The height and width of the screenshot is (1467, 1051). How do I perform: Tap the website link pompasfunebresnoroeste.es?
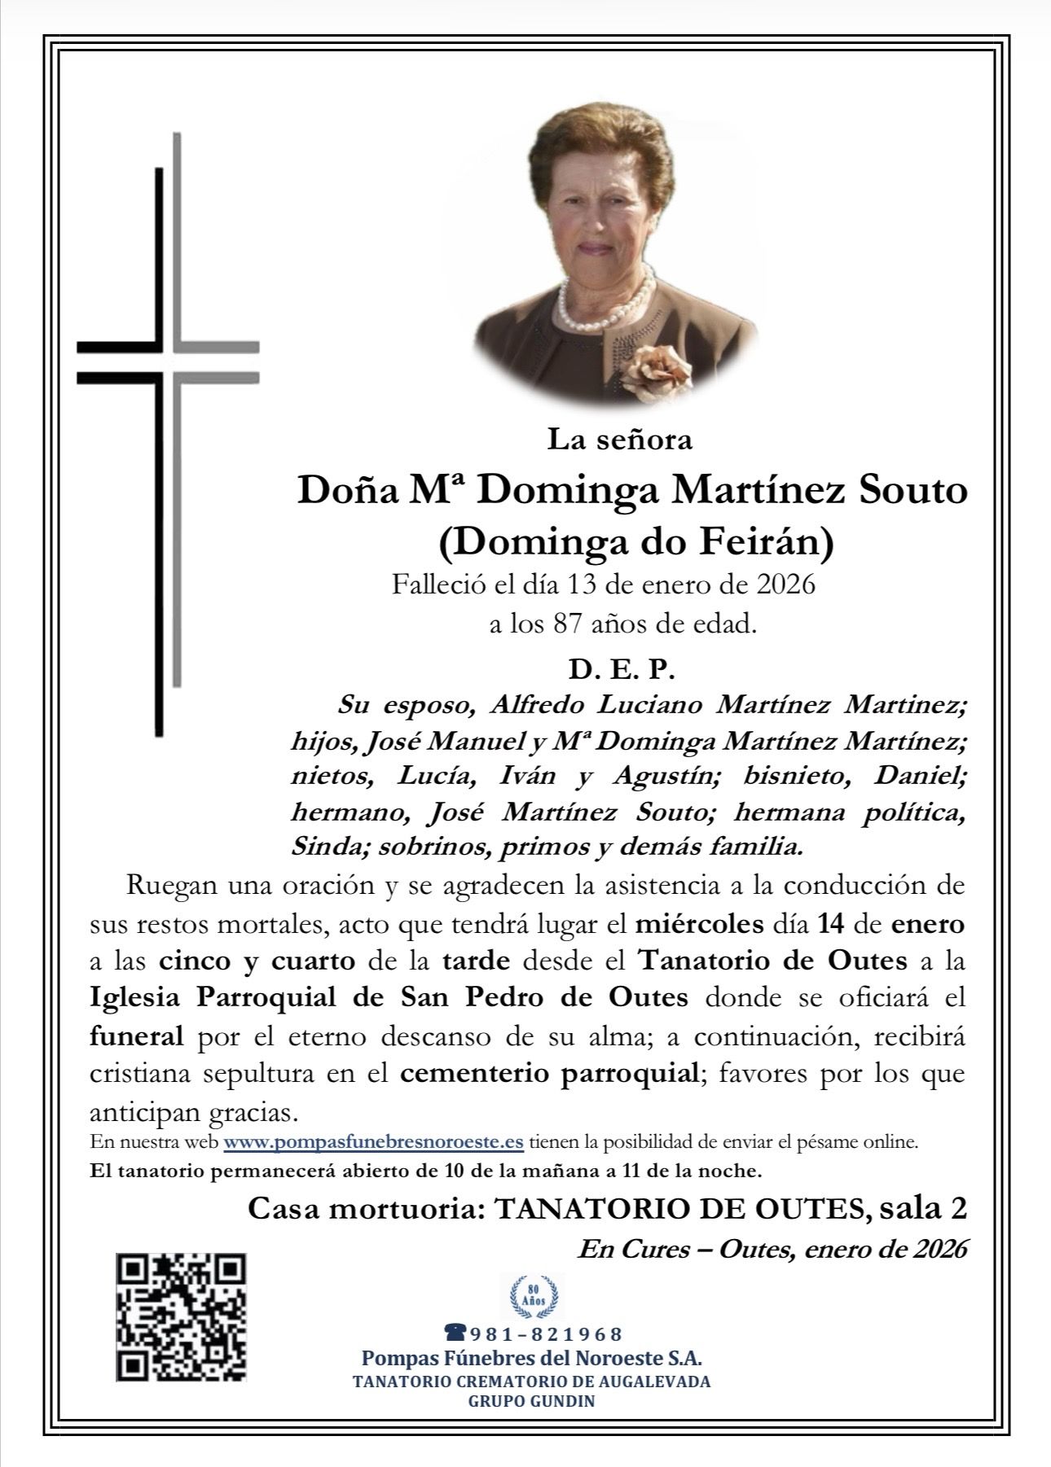pyautogui.click(x=373, y=1141)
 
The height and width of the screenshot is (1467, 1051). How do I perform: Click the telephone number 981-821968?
pyautogui.click(x=534, y=1333)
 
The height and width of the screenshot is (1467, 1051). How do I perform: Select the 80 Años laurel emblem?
pyautogui.click(x=535, y=1296)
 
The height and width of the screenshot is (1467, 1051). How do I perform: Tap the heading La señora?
pyautogui.click(x=619, y=440)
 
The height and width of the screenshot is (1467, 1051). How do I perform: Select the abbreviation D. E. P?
pyautogui.click(x=622, y=670)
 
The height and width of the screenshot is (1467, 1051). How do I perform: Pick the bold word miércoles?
pyautogui.click(x=699, y=924)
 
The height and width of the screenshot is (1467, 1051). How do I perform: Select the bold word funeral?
pyautogui.click(x=136, y=1036)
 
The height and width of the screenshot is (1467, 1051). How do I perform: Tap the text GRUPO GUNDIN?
pyautogui.click(x=531, y=1402)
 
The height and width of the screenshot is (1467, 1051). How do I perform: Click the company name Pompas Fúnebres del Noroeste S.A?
pyautogui.click(x=531, y=1358)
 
